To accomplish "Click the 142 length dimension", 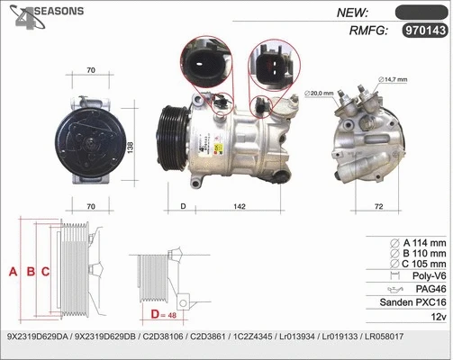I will (240, 207).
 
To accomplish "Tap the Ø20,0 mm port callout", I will (319, 93).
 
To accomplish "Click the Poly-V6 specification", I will (426, 277).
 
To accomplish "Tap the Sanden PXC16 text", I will (415, 302).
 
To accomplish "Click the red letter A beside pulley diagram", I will (14, 270).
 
